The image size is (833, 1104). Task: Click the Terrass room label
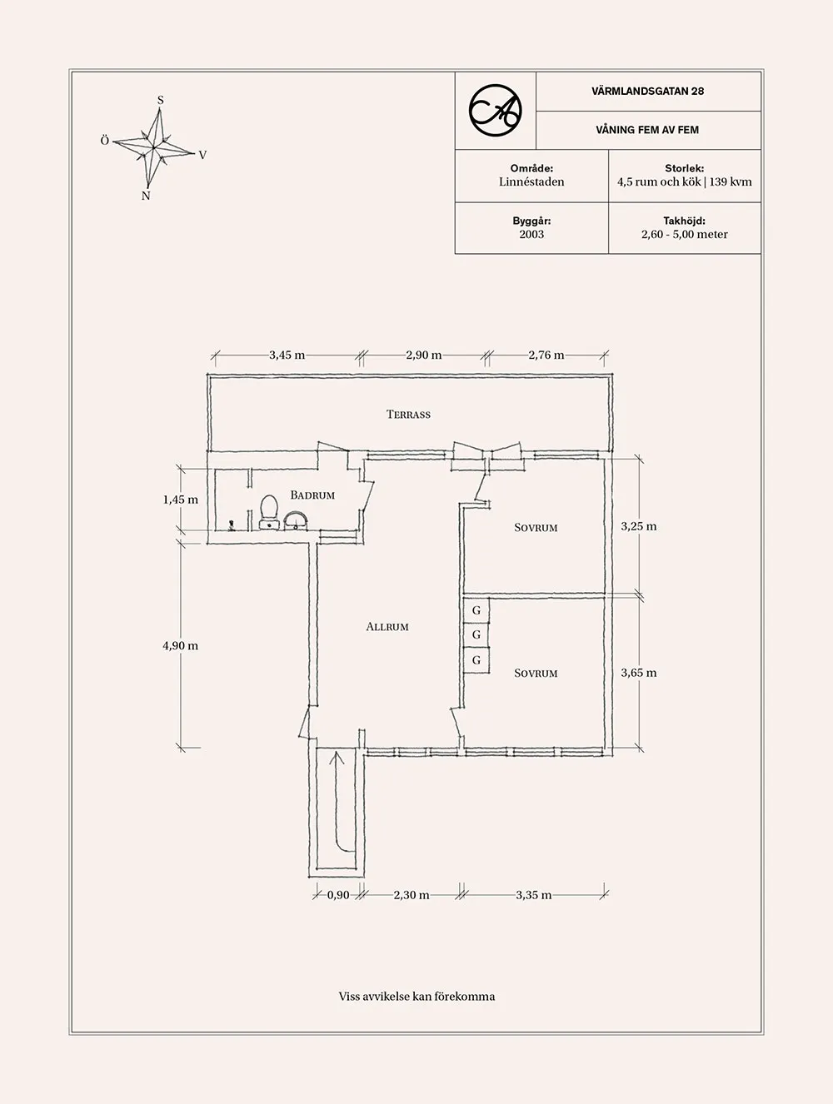point(408,415)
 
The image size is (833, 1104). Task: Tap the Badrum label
point(312,495)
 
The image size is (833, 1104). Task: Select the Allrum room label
point(387,627)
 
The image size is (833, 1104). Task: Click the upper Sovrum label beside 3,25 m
point(536,528)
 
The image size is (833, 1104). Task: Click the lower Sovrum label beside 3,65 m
point(536,674)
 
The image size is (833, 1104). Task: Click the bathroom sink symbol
point(296,521)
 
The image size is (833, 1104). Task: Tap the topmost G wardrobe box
point(476,610)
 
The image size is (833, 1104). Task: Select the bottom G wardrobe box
point(476,660)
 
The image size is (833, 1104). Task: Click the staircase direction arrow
point(337,759)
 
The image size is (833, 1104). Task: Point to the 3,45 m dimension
point(287,356)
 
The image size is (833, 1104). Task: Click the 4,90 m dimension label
point(181,646)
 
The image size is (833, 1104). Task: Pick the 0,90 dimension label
point(338,895)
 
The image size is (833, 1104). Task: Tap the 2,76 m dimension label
point(546,356)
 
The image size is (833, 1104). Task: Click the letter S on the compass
point(161,101)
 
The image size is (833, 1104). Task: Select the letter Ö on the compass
point(105,142)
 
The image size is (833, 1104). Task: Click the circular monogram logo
point(495,110)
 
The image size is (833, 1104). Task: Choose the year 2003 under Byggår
point(531,235)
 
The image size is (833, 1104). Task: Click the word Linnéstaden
point(531,182)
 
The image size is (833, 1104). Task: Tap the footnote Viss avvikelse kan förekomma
point(416,997)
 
